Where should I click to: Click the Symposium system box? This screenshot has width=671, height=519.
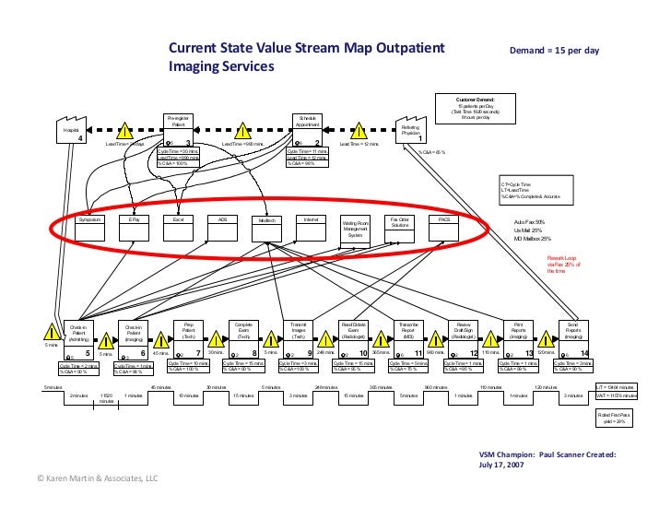tap(88, 221)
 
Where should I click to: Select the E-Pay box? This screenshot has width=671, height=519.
tap(134, 221)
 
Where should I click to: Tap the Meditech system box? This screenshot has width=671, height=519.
tap(267, 221)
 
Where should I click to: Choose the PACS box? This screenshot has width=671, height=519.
tap(443, 221)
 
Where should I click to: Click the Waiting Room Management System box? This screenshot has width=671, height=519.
tap(355, 229)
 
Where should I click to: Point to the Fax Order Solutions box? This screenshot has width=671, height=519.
tap(400, 223)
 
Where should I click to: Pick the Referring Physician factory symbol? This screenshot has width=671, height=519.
tap(412, 132)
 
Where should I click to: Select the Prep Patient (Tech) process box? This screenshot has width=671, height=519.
tap(188, 331)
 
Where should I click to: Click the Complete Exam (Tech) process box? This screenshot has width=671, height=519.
tap(244, 331)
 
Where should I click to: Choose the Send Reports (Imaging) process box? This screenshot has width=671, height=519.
tap(572, 331)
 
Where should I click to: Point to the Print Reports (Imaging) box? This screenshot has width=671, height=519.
tap(518, 331)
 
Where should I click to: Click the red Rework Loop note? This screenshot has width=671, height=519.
tap(563, 265)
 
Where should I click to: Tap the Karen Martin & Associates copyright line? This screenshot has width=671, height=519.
tap(85, 478)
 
